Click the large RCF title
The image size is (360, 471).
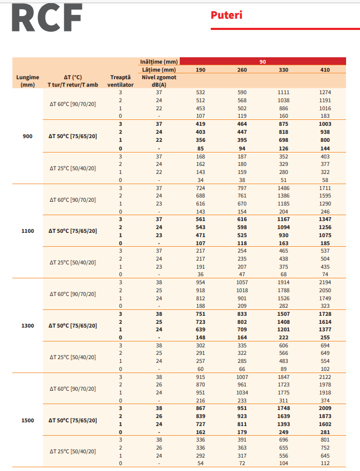tap(47, 19)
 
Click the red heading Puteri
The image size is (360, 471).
tap(226, 15)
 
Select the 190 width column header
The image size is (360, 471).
tap(201, 70)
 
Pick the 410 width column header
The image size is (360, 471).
tap(325, 70)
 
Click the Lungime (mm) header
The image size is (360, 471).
tap(28, 81)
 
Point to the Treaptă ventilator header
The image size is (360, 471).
tap(120, 81)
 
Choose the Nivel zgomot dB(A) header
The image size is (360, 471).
tap(159, 81)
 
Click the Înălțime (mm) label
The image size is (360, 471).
tap(159, 62)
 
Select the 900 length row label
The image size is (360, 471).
tap(28, 136)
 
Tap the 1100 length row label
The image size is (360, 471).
tap(28, 231)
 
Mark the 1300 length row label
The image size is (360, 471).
tap(28, 325)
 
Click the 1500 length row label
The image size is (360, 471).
tap(28, 420)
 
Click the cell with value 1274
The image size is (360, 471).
tap(325, 92)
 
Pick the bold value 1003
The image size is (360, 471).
tap(325, 124)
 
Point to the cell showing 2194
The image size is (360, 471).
tap(325, 282)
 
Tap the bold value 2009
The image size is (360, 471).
tap(325, 408)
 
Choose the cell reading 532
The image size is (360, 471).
tap(201, 92)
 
